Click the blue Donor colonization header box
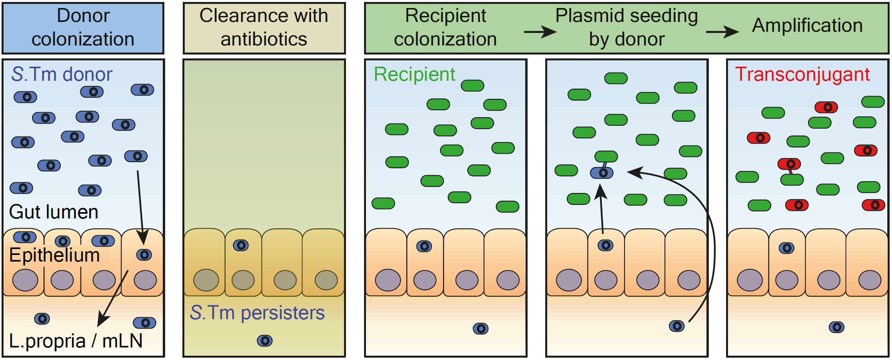coord(83,28)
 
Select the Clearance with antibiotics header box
coord(264,28)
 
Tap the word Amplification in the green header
coord(807,25)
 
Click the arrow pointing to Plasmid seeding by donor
coord(540,32)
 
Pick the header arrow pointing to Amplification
coord(722,32)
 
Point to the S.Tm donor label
coord(62,74)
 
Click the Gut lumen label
coord(53,212)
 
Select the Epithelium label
coord(55,255)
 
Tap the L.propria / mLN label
coord(76,341)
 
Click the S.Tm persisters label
coord(257,313)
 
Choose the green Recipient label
coord(414,74)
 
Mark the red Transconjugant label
coord(802,74)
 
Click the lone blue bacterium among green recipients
coord(602,173)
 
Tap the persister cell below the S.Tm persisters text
coord(265,340)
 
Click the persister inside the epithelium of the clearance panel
coord(241,245)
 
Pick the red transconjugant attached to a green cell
coord(789,164)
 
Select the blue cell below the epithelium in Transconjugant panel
coord(836,327)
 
